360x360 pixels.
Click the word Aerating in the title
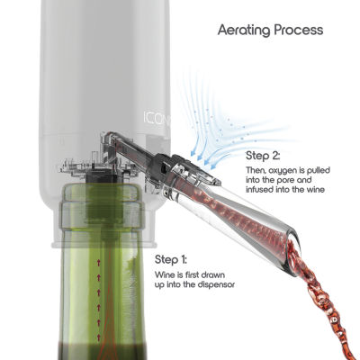(x=244, y=31)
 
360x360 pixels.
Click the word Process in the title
(x=299, y=30)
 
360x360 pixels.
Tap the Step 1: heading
(x=171, y=259)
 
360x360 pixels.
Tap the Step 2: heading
(x=263, y=156)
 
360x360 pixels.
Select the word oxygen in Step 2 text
(x=282, y=171)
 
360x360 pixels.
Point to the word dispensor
(x=216, y=285)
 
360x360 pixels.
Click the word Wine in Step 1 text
(x=164, y=274)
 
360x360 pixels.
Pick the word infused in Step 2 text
(x=259, y=190)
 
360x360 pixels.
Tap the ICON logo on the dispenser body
(x=157, y=118)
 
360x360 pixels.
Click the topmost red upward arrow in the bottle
(x=98, y=264)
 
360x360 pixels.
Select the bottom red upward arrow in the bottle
(x=98, y=337)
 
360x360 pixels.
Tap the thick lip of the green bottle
(x=102, y=214)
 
